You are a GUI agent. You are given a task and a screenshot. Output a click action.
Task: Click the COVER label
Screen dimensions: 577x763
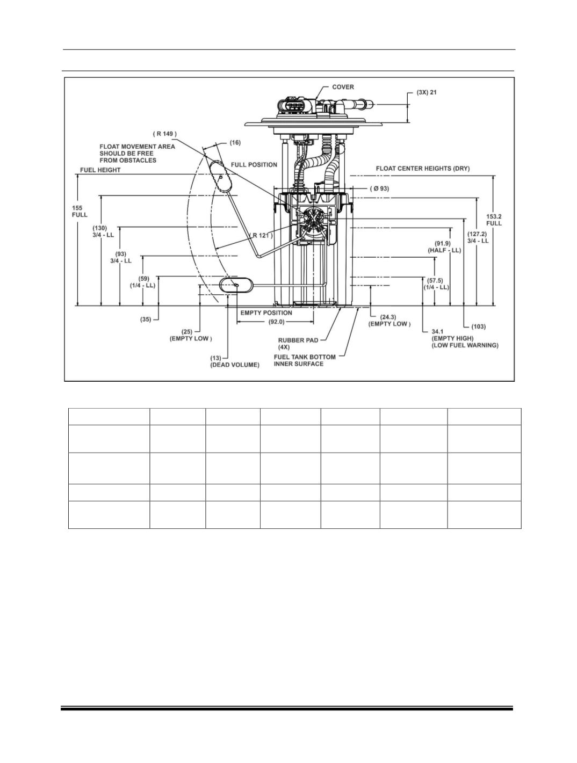[343, 87]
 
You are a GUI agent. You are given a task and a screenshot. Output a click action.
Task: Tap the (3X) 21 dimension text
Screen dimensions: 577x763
[427, 93]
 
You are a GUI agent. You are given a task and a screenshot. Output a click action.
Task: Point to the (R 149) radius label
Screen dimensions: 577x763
[165, 134]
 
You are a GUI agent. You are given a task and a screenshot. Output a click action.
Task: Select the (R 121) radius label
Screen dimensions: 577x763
[261, 236]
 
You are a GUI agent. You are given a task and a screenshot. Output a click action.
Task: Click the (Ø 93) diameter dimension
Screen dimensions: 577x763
[380, 189]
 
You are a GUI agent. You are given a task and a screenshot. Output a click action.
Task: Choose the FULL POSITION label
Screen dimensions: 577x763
[254, 165]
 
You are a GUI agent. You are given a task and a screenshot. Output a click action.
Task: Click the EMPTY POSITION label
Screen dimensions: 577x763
[266, 313]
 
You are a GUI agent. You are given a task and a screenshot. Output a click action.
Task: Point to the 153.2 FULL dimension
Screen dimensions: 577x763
[494, 220]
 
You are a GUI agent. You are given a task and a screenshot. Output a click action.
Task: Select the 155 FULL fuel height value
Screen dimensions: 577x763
[80, 212]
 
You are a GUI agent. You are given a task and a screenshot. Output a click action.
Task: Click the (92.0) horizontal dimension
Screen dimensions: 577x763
[276, 322]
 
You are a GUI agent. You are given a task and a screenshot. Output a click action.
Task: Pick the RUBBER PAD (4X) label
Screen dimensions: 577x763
[298, 344]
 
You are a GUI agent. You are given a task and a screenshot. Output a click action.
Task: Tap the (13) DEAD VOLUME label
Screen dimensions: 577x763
[235, 362]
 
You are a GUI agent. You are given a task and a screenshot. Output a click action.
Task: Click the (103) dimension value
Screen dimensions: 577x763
[479, 327]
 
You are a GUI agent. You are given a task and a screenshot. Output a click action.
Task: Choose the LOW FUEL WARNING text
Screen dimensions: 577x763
[465, 345]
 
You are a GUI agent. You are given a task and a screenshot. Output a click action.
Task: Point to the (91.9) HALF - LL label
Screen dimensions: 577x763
[444, 247]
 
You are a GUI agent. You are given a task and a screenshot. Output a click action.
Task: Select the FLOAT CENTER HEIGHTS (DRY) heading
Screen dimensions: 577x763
[423, 169]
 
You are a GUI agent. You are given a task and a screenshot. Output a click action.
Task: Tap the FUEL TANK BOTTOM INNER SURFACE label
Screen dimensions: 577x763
[305, 360]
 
